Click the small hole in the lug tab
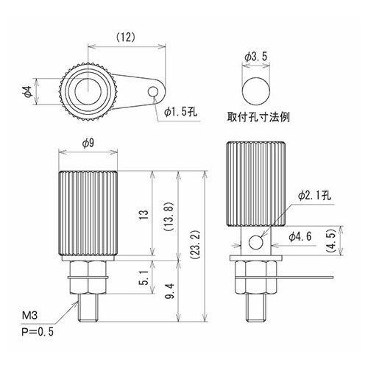tap(153, 92)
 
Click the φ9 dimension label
tap(87, 143)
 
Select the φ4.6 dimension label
tap(303, 236)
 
